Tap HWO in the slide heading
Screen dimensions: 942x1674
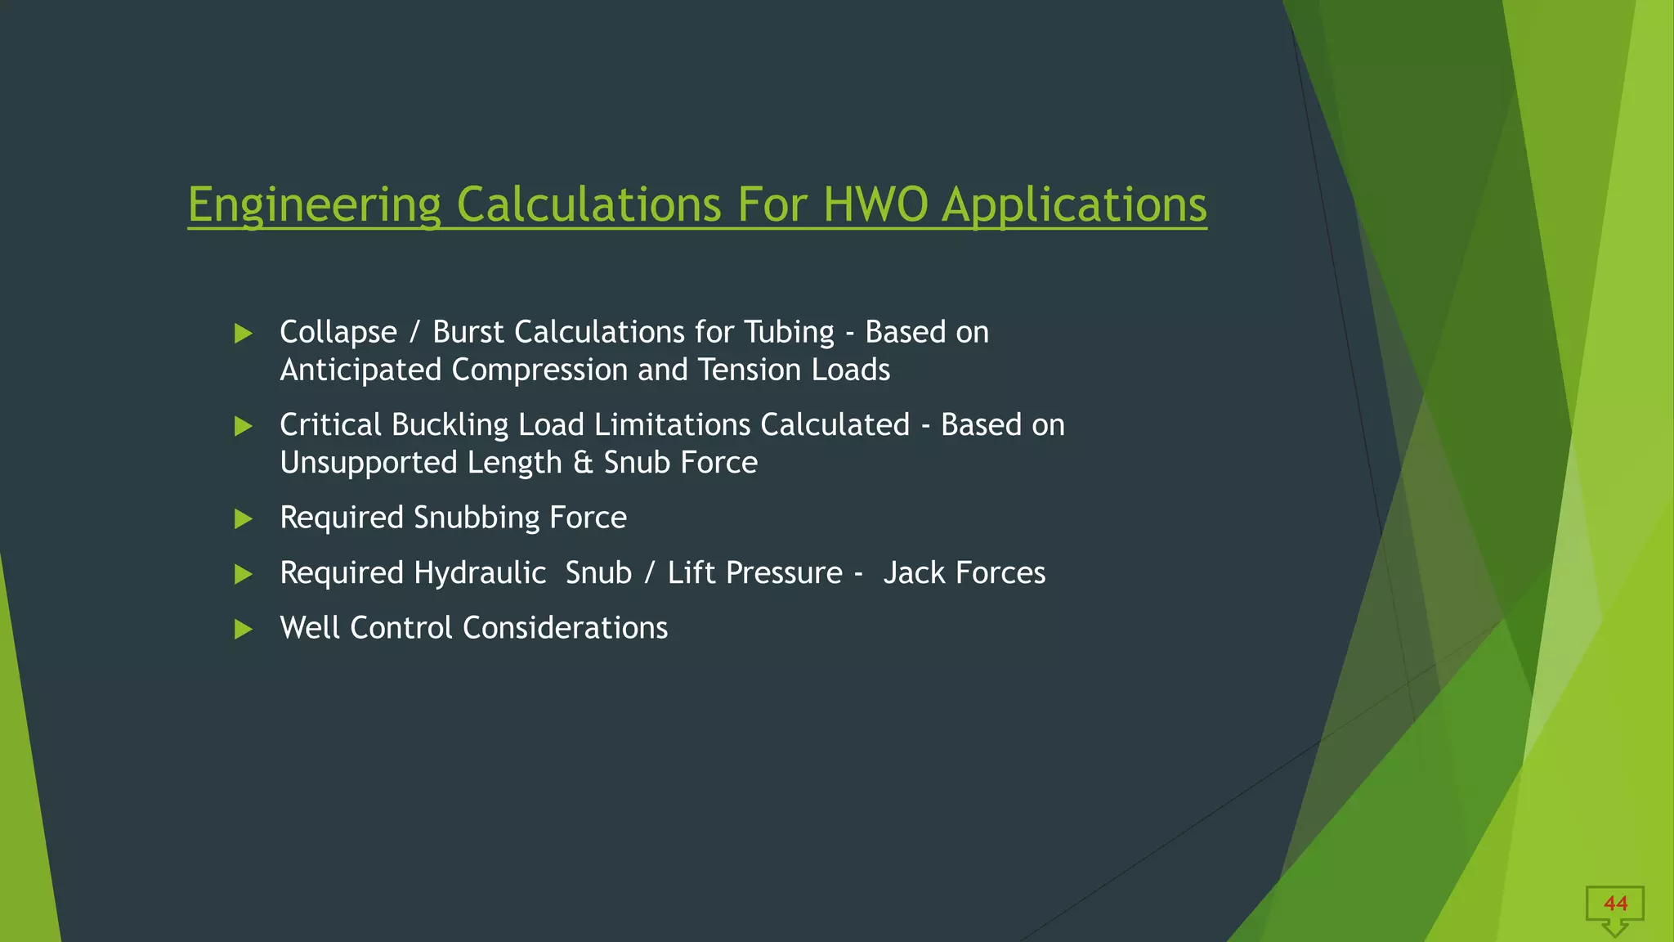(875, 204)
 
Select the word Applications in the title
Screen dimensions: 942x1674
(1074, 204)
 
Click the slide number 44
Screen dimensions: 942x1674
(1615, 904)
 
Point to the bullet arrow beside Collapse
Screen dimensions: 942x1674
(243, 334)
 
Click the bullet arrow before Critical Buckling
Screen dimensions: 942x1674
(243, 426)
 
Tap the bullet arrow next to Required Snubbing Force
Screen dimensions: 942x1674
(243, 518)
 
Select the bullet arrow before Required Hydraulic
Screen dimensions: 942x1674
(243, 574)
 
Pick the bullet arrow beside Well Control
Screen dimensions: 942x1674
(243, 629)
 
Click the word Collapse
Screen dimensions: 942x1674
(338, 333)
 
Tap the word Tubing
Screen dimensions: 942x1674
(789, 332)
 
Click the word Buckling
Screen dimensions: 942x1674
(450, 425)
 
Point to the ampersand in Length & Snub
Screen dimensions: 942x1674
(583, 463)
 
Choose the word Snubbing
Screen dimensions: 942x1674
(477, 518)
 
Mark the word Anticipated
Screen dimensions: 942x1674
(360, 370)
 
